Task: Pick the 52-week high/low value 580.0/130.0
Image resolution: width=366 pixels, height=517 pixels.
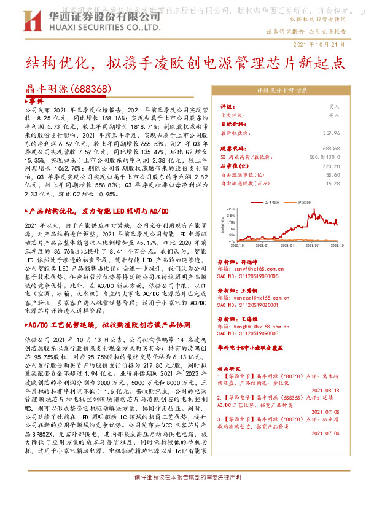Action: click(323, 157)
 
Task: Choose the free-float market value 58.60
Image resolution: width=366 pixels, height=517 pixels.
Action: click(332, 174)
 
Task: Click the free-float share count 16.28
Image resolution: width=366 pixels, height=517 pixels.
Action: click(332, 183)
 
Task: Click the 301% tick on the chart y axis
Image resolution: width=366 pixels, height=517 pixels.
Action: click(231, 208)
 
